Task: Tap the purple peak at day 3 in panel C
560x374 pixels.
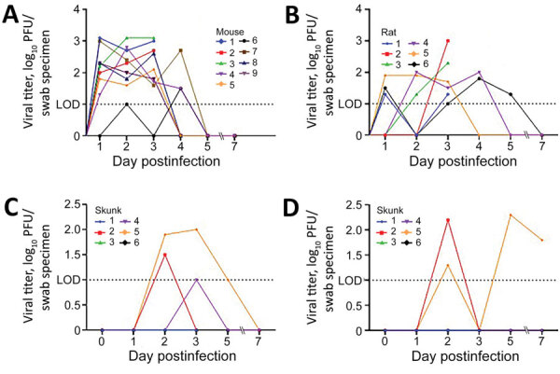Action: (x=196, y=280)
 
